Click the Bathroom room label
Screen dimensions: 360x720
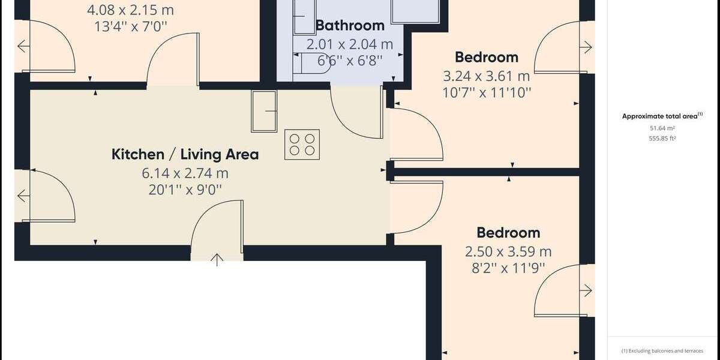click(350, 25)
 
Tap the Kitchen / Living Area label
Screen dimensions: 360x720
click(185, 154)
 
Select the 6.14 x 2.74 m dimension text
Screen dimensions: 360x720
click(185, 173)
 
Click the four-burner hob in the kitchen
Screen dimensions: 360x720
click(302, 144)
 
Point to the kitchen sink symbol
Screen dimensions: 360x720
click(264, 110)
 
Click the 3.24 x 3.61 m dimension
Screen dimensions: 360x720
click(486, 76)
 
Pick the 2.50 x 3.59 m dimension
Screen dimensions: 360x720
click(508, 251)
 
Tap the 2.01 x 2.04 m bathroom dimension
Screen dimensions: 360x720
click(350, 44)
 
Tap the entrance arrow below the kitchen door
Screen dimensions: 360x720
click(217, 259)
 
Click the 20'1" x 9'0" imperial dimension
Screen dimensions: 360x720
click(185, 190)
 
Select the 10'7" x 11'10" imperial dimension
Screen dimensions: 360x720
click(486, 92)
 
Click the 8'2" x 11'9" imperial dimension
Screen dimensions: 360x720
click(508, 268)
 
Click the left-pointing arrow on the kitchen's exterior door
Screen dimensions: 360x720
click(23, 196)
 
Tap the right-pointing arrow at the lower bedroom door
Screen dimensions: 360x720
click(586, 292)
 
